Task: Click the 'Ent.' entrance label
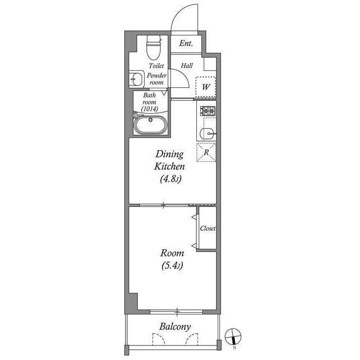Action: (x=186, y=43)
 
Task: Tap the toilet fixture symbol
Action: (x=152, y=48)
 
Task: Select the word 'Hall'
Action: (x=187, y=65)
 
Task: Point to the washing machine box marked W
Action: (x=206, y=87)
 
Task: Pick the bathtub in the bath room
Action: (x=150, y=124)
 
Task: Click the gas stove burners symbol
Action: (x=207, y=111)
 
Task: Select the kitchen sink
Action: (x=206, y=133)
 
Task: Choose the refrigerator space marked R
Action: (x=206, y=152)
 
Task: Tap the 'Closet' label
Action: (x=208, y=228)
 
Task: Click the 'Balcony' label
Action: (x=174, y=326)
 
